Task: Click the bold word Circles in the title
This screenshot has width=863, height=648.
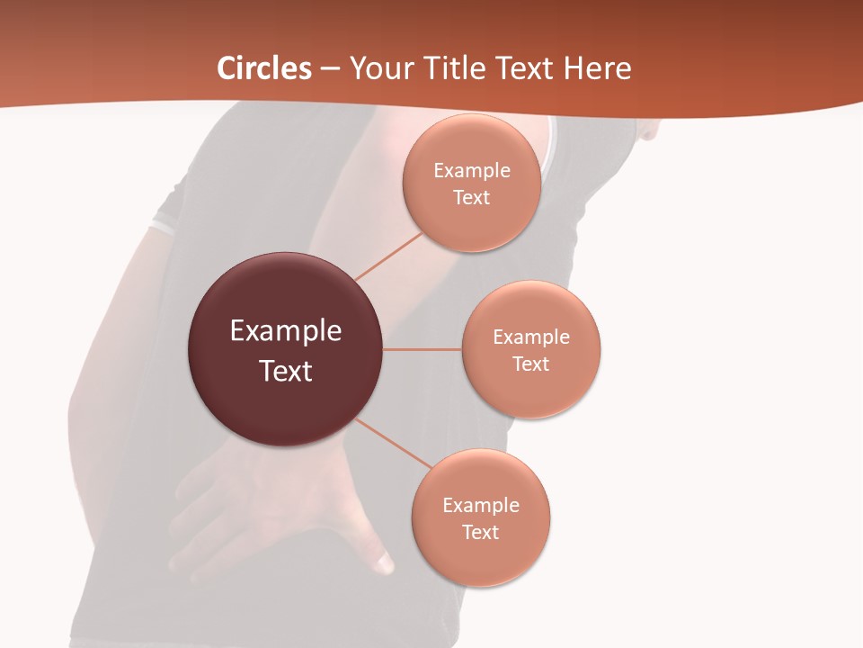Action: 264,68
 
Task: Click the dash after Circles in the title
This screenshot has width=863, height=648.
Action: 330,69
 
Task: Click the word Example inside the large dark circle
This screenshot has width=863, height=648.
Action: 285,331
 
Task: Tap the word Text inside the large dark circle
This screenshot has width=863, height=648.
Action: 285,371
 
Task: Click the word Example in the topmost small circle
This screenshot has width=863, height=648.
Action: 471,171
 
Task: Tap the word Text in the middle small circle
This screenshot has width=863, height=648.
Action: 530,364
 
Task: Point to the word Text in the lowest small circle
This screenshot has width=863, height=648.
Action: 480,533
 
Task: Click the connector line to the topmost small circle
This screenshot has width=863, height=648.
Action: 388,256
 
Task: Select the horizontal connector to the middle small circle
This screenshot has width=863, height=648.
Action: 423,349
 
